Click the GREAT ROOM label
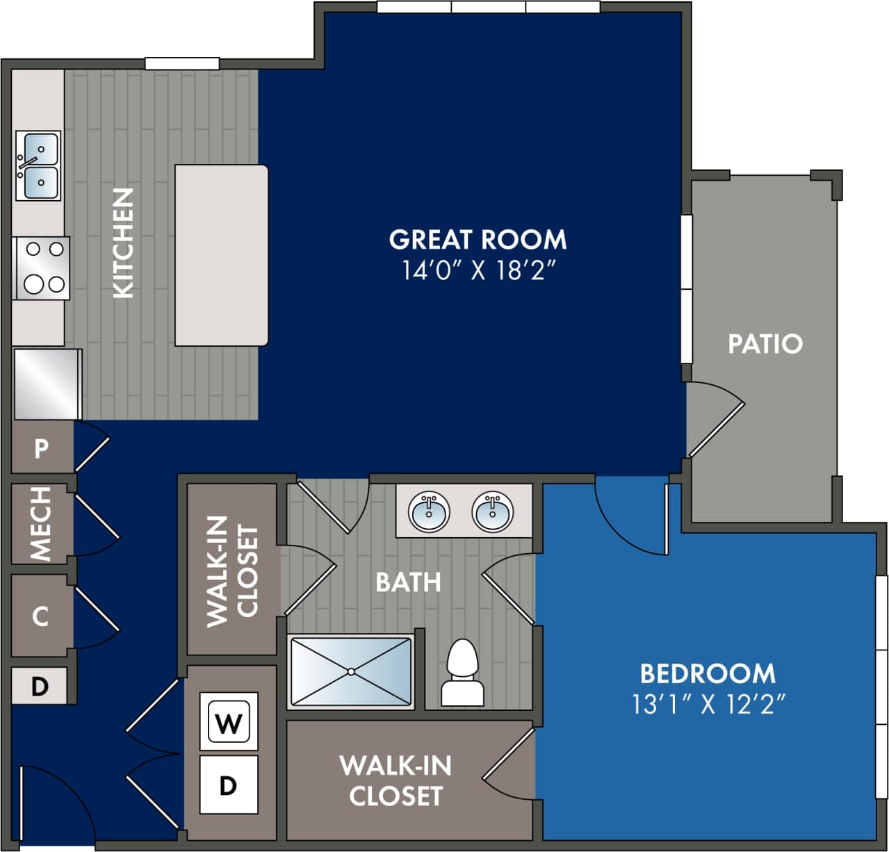(478, 240)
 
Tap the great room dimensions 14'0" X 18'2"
(480, 270)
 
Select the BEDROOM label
(708, 673)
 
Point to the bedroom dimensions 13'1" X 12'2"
(708, 705)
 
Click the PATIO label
(765, 344)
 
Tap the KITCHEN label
(123, 243)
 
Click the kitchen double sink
(38, 165)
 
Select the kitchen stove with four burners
(41, 268)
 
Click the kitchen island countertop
(221, 255)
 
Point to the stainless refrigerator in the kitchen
(47, 384)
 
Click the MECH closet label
(41, 523)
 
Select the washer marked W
(229, 723)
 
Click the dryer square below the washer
(229, 785)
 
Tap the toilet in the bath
(462, 673)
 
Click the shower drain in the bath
(351, 671)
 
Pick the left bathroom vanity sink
(429, 511)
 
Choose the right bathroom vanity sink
(493, 511)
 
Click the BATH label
(408, 582)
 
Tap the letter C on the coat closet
(40, 616)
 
